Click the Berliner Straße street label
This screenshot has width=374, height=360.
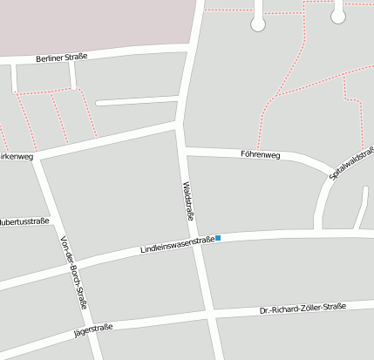(62, 58)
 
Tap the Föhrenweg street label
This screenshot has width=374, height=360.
(260, 155)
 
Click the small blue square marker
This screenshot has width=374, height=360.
(218, 238)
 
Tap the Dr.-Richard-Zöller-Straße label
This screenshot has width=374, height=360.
(303, 309)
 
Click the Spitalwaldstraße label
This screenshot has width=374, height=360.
(351, 162)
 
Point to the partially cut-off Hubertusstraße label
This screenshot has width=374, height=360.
(24, 221)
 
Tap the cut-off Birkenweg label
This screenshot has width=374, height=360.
(16, 157)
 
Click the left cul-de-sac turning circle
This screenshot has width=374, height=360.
(258, 24)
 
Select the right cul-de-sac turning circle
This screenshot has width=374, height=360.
(338, 16)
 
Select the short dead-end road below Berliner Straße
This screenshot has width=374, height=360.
(137, 101)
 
